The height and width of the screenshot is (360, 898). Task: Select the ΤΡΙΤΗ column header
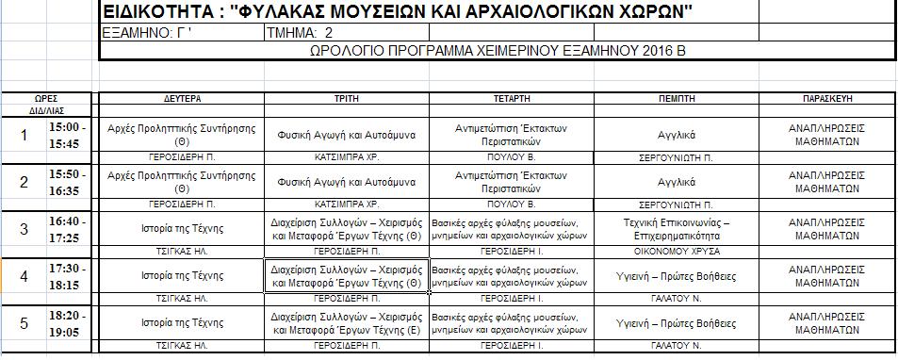click(346, 97)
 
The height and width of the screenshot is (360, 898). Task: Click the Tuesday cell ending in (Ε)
click(346, 323)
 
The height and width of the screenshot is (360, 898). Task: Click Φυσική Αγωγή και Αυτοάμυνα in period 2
click(346, 181)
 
